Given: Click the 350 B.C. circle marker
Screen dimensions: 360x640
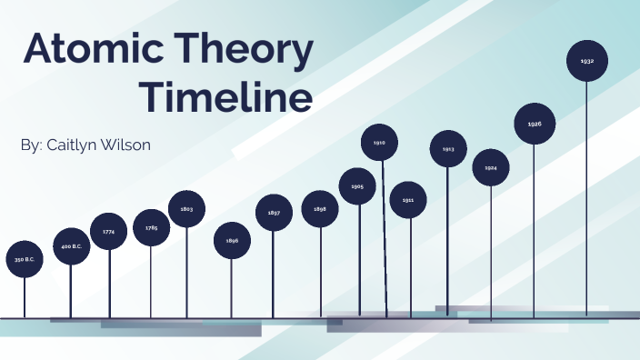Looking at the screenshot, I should click(x=24, y=259).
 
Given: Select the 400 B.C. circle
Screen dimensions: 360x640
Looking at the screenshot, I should click(x=72, y=246).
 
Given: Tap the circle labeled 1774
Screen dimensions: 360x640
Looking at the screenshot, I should click(x=109, y=232).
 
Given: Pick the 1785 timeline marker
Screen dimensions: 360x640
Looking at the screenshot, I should click(x=151, y=227).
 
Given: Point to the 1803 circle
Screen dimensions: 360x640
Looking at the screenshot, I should click(x=186, y=209).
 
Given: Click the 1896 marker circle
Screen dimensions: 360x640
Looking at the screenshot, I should click(x=232, y=240).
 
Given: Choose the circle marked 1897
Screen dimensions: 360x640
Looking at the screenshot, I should click(x=274, y=213).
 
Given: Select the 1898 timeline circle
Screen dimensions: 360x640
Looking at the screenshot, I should click(x=320, y=209).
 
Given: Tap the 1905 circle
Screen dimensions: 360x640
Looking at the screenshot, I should click(x=357, y=186).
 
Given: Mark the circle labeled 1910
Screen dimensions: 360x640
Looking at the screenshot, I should click(x=380, y=143).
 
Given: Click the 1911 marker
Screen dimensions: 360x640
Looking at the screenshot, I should click(x=408, y=199).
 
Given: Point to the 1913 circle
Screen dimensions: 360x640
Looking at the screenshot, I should click(x=448, y=148).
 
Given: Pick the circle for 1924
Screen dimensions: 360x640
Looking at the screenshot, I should click(x=491, y=168).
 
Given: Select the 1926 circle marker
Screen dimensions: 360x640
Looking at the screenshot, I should click(x=535, y=124).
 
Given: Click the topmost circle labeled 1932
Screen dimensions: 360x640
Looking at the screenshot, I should click(x=586, y=61).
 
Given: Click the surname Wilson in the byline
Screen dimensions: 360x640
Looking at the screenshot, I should click(x=149, y=145).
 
